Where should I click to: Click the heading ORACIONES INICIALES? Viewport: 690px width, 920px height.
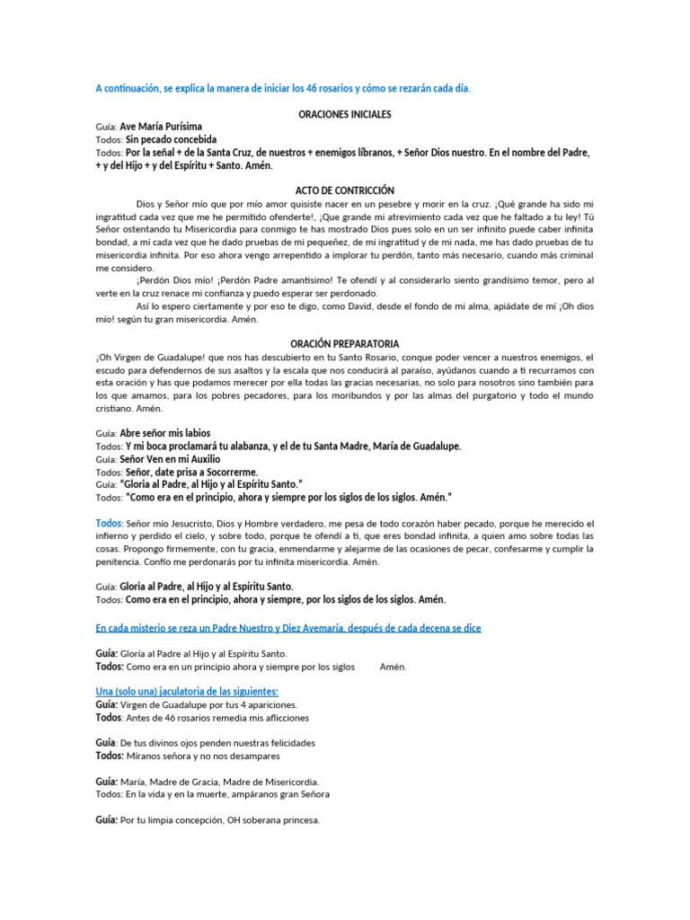click(x=345, y=114)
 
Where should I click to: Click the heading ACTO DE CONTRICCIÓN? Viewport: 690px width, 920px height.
click(x=345, y=190)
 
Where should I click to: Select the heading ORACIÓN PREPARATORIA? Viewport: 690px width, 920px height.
click(x=345, y=344)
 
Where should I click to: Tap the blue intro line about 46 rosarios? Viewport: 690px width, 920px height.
click(x=283, y=88)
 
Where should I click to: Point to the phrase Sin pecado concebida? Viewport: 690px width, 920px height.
click(x=171, y=140)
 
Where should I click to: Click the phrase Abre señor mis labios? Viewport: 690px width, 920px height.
click(x=165, y=433)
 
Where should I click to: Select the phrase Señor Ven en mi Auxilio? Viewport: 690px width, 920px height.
click(x=169, y=459)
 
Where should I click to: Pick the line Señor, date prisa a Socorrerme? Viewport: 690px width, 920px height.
click(x=191, y=472)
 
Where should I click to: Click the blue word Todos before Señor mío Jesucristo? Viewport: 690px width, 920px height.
click(x=109, y=523)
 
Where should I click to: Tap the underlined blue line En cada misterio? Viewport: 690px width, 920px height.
click(x=288, y=627)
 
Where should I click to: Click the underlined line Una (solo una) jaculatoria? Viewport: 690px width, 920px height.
click(x=187, y=691)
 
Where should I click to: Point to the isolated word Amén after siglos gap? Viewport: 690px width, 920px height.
click(x=393, y=667)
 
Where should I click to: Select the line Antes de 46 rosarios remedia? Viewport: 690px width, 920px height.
click(x=217, y=718)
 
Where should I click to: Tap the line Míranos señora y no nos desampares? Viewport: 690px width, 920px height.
click(x=203, y=756)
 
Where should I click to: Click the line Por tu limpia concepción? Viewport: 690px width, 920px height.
click(x=220, y=820)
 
